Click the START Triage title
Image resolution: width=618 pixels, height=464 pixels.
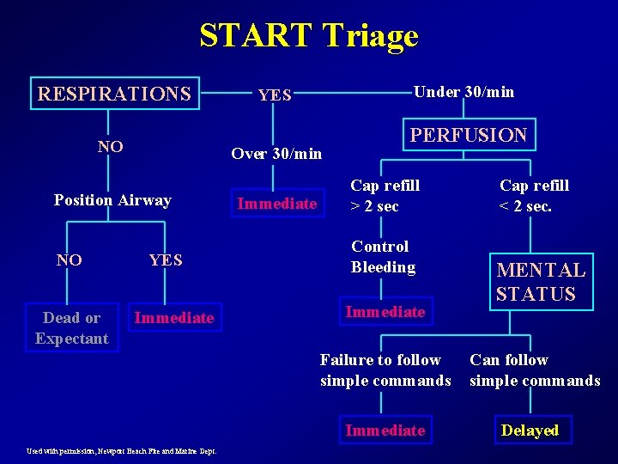tap(309, 36)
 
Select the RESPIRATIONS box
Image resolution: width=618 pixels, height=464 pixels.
tap(113, 93)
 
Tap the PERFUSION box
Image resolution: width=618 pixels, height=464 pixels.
tap(469, 135)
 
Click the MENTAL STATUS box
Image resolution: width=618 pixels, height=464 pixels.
tap(540, 282)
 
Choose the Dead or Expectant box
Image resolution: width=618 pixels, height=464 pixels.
tap(72, 328)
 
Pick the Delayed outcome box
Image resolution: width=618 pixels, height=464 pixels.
tap(530, 430)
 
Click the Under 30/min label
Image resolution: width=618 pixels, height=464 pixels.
tap(463, 92)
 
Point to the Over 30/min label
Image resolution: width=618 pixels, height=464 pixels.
tap(276, 154)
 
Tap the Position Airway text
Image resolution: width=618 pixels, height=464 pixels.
tap(112, 200)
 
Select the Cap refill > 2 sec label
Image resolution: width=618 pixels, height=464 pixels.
tap(385, 196)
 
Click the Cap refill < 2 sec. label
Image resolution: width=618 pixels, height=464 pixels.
tap(534, 196)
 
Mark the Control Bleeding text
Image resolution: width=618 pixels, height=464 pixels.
tap(383, 257)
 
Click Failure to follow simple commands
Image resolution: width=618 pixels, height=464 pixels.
tap(385, 370)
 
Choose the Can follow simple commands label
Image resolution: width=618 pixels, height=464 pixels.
tap(535, 370)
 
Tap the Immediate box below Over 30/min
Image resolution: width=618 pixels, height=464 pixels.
tap(277, 204)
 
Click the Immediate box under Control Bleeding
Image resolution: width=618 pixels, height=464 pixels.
tap(385, 312)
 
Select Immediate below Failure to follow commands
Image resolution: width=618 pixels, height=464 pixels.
tap(385, 430)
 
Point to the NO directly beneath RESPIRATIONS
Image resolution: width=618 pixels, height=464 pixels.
tap(110, 147)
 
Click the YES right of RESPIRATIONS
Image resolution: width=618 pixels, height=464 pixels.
tap(275, 95)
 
